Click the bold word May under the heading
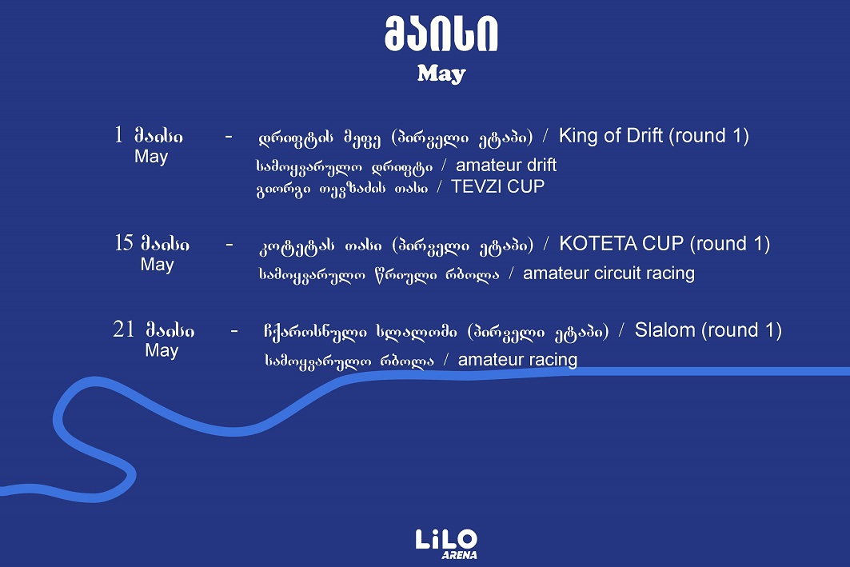click(x=441, y=74)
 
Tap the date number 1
click(x=118, y=135)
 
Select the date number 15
click(x=124, y=243)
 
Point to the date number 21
click(x=124, y=329)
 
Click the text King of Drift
click(x=611, y=135)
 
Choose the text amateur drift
click(x=506, y=166)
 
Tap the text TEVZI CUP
click(x=497, y=187)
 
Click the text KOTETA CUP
click(x=622, y=243)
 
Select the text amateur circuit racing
click(x=609, y=274)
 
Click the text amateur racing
click(x=517, y=360)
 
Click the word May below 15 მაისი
click(x=157, y=265)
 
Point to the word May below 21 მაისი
click(x=162, y=350)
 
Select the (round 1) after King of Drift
click(x=709, y=135)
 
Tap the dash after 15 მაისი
click(x=229, y=243)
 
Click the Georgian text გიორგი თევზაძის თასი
click(x=341, y=188)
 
